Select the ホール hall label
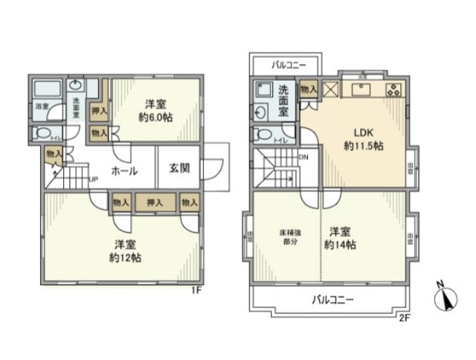[123, 170]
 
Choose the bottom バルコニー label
[332, 300]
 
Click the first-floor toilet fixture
[45, 135]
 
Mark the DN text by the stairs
[303, 157]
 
